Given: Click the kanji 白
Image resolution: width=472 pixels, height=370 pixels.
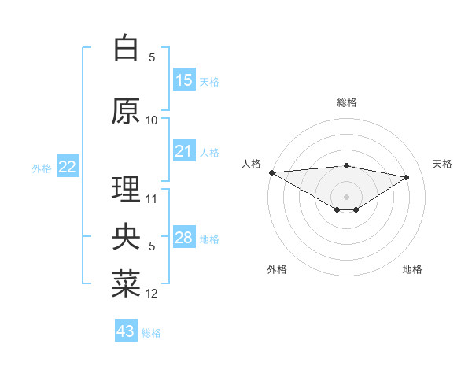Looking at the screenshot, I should (126, 49).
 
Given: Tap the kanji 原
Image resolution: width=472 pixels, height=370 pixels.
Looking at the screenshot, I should (126, 111).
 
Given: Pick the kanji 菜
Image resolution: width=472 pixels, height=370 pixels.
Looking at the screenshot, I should (126, 285).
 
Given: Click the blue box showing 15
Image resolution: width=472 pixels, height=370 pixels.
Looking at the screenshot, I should (184, 80).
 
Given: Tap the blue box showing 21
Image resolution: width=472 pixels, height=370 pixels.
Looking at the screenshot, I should (184, 151).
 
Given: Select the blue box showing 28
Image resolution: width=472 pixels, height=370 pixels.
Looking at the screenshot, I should (184, 238).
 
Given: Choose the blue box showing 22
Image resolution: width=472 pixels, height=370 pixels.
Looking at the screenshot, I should (67, 167).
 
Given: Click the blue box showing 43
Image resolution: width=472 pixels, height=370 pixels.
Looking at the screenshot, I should (126, 331).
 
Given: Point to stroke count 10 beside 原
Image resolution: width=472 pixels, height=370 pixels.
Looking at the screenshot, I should (152, 120).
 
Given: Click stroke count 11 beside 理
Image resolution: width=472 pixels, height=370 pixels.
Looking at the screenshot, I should (152, 198).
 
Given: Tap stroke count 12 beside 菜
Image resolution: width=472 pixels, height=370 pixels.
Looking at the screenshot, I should (152, 294).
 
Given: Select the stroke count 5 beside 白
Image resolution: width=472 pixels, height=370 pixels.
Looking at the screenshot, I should (152, 57).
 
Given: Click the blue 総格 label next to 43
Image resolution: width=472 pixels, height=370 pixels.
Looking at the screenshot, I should (151, 333).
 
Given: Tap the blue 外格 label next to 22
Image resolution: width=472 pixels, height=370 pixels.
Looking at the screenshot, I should (42, 168).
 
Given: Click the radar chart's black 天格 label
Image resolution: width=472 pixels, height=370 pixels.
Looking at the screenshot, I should (442, 164).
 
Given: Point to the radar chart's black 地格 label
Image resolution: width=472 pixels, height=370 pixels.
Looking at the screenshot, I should (412, 269).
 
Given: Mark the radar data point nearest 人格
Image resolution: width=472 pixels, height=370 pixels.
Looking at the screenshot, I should (271, 172).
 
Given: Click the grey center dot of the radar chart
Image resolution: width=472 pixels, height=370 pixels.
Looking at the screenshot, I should (346, 195).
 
